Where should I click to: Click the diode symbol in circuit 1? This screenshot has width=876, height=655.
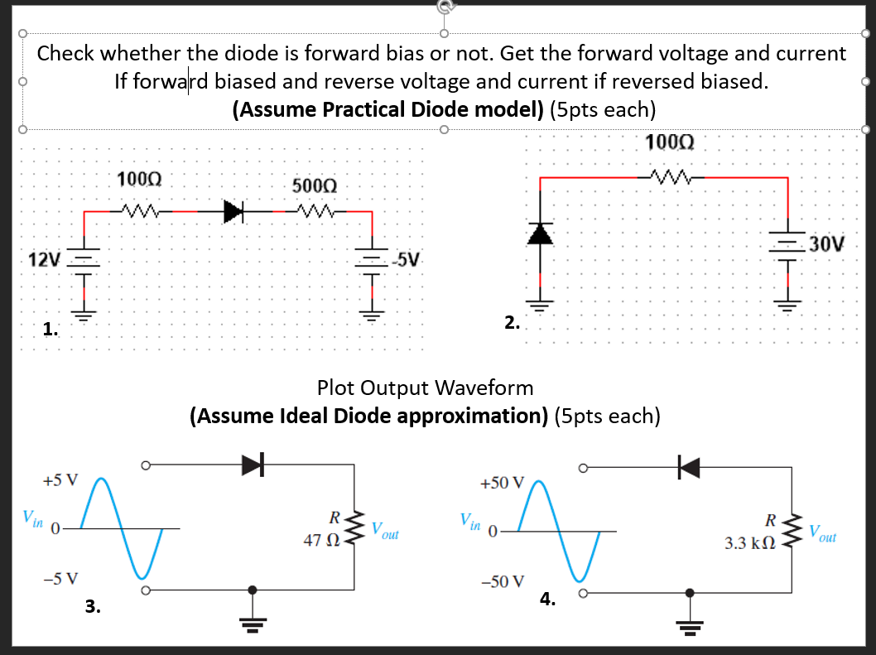(x=235, y=212)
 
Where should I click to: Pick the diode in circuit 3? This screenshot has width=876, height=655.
(x=253, y=466)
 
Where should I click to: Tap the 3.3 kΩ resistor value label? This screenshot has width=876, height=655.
(x=750, y=544)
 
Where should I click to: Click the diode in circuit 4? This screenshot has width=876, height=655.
(x=689, y=468)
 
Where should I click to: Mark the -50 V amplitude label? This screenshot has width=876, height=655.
(x=503, y=580)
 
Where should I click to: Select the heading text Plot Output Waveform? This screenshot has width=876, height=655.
(x=425, y=388)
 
